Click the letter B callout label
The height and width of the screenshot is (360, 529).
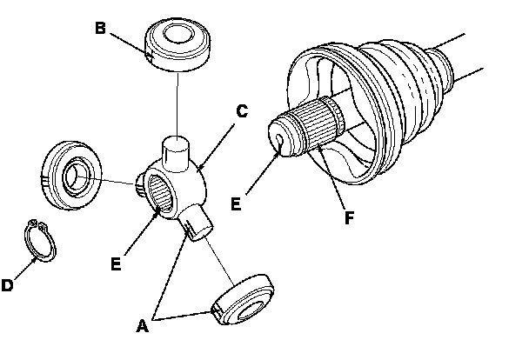click(x=100, y=28)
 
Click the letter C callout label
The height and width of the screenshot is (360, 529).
click(x=242, y=111)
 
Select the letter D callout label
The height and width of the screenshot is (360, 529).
click(x=7, y=285)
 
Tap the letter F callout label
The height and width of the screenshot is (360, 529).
click(x=350, y=217)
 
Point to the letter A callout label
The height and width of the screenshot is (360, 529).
click(x=143, y=326)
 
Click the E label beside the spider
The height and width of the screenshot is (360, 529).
click(x=116, y=264)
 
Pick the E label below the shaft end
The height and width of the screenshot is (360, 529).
click(x=236, y=204)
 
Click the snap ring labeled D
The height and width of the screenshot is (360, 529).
click(x=40, y=240)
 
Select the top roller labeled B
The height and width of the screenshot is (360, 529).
click(x=177, y=44)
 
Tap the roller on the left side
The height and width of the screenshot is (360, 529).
click(x=71, y=176)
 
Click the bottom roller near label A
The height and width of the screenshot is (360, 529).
click(x=243, y=300)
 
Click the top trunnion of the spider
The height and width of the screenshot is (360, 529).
click(x=176, y=153)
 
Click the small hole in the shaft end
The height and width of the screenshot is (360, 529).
click(x=279, y=139)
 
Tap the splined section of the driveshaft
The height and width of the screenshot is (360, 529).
click(x=317, y=124)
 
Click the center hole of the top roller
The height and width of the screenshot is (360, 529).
click(x=178, y=33)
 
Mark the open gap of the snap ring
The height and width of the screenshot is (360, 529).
click(x=37, y=224)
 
